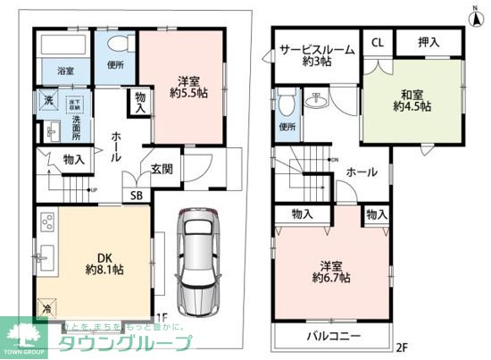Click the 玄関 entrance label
pos(161,168)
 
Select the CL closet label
pos(377,42)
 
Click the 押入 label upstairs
pos(430,42)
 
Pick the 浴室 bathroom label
pos(66,69)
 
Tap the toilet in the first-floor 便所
pos(116,45)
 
